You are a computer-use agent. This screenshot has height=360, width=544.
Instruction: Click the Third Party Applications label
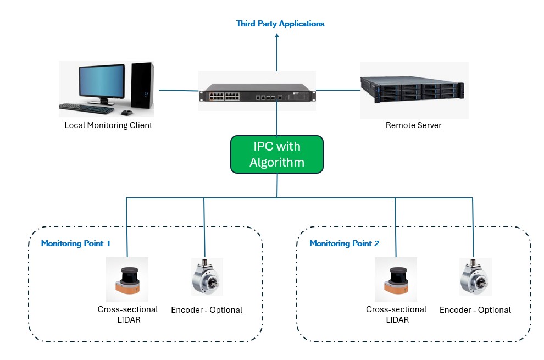(280, 24)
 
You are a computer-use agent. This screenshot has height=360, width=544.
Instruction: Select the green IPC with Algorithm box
(277, 154)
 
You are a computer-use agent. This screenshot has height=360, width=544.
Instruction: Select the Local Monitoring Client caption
(108, 125)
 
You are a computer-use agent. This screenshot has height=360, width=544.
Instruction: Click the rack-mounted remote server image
(413, 90)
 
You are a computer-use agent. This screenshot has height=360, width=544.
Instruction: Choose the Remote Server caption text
(413, 125)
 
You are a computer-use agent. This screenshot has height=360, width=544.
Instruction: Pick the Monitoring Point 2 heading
(345, 243)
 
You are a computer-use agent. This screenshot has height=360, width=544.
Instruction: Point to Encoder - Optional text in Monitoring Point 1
(207, 310)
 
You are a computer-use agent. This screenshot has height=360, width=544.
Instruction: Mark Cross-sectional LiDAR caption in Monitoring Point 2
(396, 314)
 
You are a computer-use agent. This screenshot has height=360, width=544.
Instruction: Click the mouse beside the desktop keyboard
(126, 112)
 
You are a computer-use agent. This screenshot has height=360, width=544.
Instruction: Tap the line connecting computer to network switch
(178, 90)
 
